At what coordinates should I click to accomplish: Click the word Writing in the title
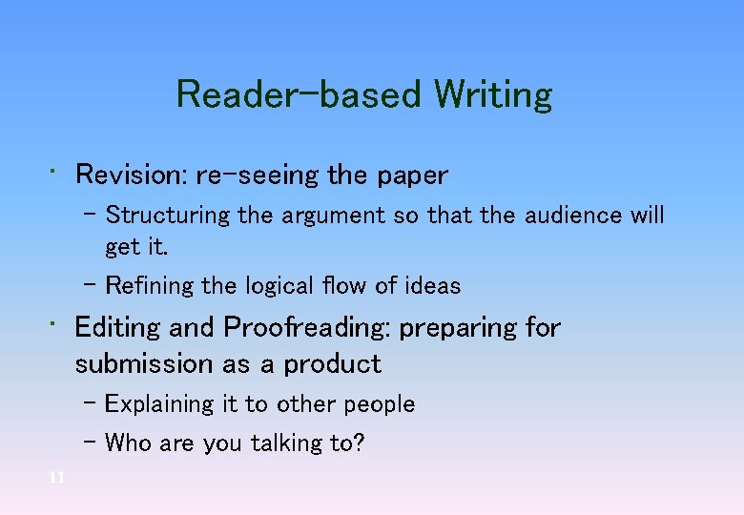(492, 95)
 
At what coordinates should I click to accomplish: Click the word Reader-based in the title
(299, 95)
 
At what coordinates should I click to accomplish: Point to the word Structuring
(168, 216)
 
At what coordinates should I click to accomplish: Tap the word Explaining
(159, 404)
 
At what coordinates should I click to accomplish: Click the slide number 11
(56, 478)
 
